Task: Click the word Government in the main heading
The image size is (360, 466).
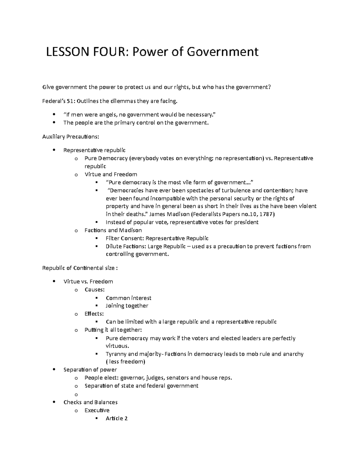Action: coord(222,52)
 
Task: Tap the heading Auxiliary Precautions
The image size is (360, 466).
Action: coord(70,137)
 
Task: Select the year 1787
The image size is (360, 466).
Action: coord(265,214)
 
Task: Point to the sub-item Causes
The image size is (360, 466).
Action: coord(94,290)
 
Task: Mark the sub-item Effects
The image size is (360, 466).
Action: coord(94,314)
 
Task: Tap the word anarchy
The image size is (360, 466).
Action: coord(292,354)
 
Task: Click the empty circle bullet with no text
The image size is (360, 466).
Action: coord(76,394)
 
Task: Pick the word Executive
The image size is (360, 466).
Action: coord(97,410)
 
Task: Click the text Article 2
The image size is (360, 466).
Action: coord(117,418)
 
